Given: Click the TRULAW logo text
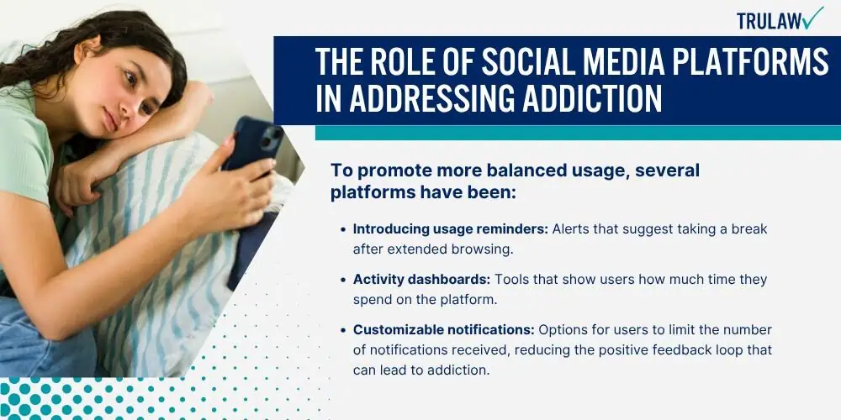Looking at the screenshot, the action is [770, 20].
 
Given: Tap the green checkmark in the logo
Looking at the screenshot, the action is [813, 17].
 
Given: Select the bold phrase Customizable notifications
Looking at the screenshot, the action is [443, 330].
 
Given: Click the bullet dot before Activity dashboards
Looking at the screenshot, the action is [343, 281].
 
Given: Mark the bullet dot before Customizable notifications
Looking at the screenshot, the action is [343, 330].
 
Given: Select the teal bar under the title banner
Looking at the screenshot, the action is [578, 133].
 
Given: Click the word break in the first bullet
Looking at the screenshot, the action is [751, 229].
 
